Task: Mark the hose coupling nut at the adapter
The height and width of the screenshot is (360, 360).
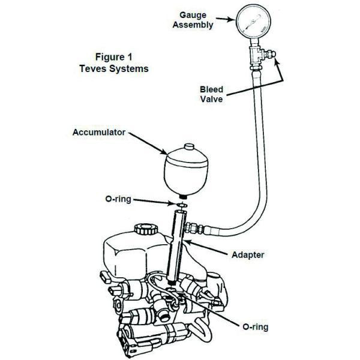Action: [x=197, y=229]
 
